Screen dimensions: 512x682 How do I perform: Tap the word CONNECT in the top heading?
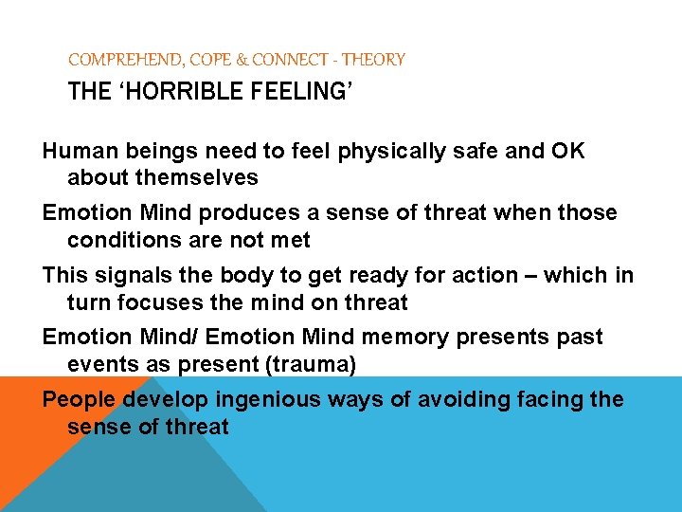click(x=287, y=60)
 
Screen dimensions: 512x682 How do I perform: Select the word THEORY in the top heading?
click(x=373, y=60)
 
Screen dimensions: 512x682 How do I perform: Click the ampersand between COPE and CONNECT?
click(x=242, y=60)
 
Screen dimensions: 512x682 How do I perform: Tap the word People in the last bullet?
click(x=74, y=399)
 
